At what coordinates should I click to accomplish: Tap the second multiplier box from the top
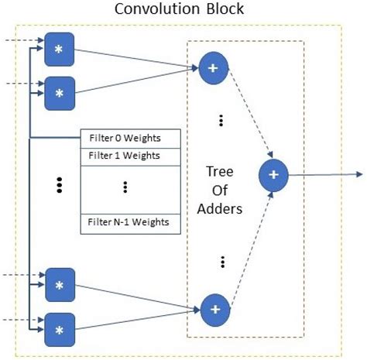(59, 92)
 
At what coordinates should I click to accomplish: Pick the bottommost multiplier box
(59, 329)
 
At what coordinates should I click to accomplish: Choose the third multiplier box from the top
(59, 284)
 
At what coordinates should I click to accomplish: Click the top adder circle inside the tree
(214, 67)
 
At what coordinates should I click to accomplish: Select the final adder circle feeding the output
(273, 175)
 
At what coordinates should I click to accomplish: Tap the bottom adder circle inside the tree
(215, 309)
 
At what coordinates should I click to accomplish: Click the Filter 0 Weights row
(131, 139)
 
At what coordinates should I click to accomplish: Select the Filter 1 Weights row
(131, 155)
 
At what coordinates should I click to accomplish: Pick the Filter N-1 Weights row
(131, 224)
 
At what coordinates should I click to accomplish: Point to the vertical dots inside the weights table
(125, 187)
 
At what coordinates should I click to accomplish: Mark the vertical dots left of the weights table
(59, 184)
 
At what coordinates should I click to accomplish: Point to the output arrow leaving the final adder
(325, 175)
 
